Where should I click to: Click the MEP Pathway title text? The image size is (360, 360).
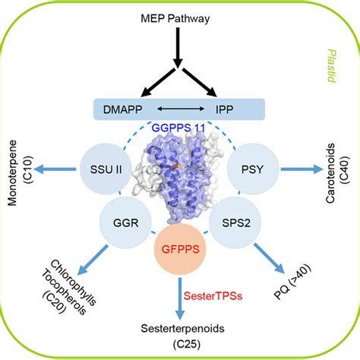179,17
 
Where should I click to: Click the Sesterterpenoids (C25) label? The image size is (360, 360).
180,335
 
